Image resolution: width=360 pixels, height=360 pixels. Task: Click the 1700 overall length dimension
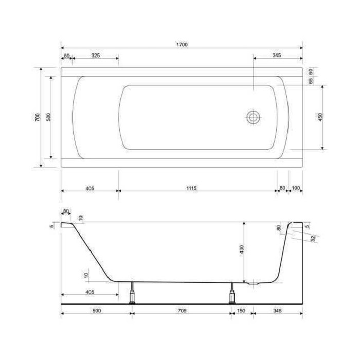[182, 44]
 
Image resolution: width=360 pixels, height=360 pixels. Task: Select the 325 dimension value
[96, 56]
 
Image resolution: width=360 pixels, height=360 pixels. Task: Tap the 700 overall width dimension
[38, 117]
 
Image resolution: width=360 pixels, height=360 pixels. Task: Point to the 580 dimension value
[48, 117]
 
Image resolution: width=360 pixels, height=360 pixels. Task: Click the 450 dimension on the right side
[320, 117]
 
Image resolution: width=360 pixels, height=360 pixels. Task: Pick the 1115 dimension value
[191, 188]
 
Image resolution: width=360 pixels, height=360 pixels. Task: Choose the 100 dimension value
[296, 188]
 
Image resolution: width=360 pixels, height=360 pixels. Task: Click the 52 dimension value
[313, 238]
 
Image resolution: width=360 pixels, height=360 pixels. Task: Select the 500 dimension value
[97, 311]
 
